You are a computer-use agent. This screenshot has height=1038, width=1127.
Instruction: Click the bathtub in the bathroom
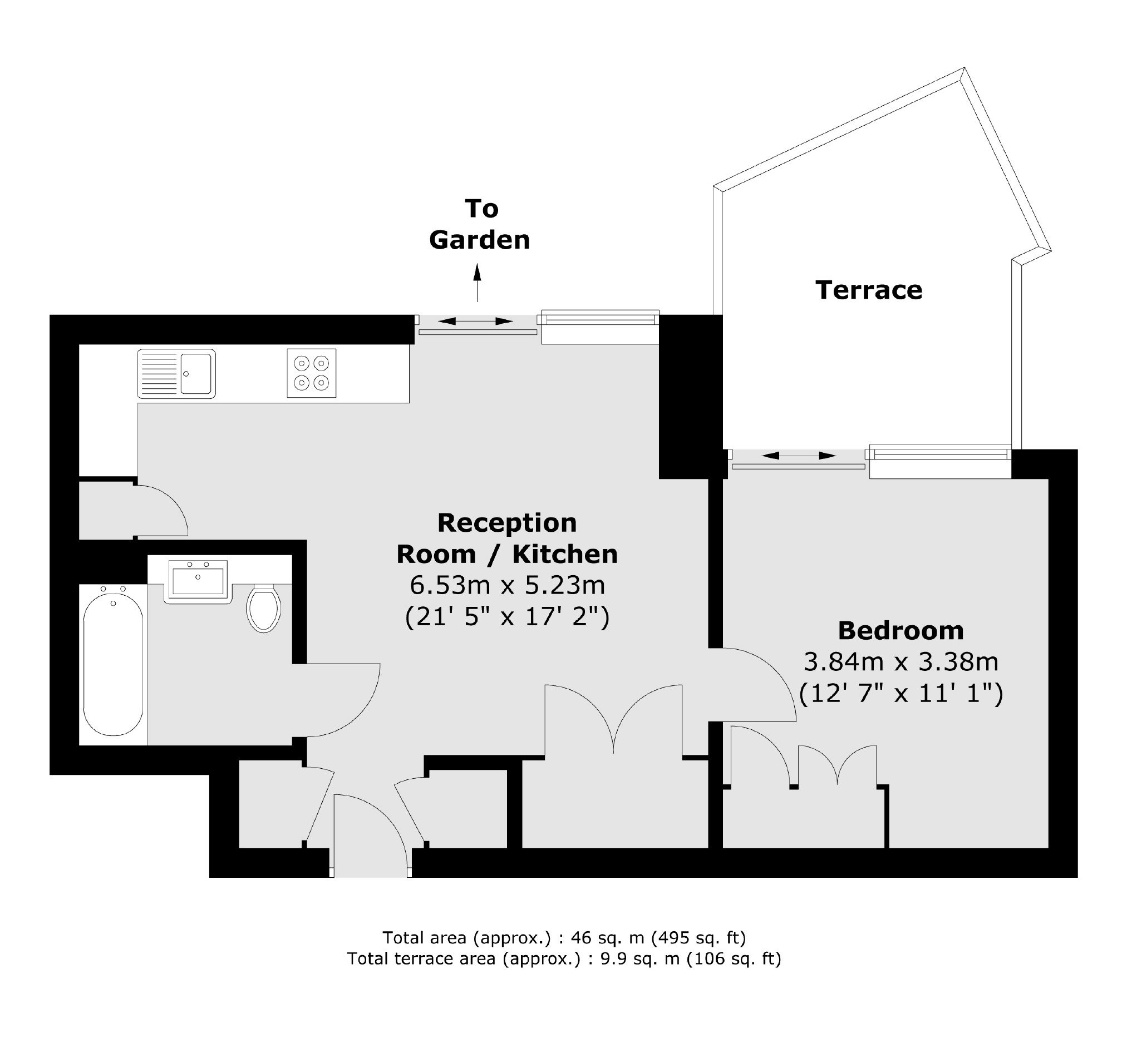pos(113,665)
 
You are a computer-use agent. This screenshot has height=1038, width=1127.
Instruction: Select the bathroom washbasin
pos(198,581)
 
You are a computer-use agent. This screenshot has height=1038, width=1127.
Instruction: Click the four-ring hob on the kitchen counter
pos(312,373)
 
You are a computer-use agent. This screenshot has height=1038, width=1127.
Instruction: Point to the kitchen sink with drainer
pos(176,374)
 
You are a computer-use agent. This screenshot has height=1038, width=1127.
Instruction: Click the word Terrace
pos(869,290)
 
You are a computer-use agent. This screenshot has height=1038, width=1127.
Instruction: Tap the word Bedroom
pos(900,630)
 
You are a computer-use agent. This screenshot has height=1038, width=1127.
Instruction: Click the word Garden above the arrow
pos(479,240)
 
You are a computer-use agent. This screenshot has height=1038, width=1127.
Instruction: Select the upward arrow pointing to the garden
pos(478,284)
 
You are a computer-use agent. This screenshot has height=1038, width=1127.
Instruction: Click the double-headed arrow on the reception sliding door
pos(475,322)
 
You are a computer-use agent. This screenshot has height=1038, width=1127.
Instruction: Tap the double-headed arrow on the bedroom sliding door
pos(799,456)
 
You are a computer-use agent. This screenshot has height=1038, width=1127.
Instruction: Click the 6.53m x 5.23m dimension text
pos(507,585)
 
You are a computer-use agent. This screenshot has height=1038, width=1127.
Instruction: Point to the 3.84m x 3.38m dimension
pos(900,661)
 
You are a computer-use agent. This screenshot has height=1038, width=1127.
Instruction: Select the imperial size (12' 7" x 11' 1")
pos(900,694)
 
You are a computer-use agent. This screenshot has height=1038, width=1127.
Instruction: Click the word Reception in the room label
pos(507,523)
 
